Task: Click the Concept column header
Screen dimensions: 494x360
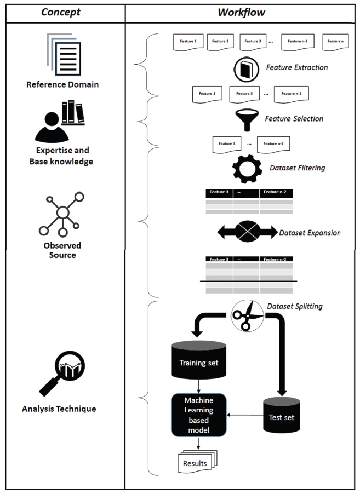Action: (x=62, y=12)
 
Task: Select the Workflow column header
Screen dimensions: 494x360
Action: (x=242, y=12)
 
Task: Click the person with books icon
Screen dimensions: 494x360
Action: (x=58, y=121)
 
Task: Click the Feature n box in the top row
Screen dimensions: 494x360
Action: (x=335, y=42)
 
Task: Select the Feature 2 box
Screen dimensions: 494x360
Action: (x=220, y=42)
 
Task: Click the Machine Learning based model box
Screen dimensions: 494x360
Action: (x=199, y=415)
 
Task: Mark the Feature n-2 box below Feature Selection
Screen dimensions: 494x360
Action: (x=273, y=144)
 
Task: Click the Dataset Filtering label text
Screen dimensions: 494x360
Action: (x=297, y=168)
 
